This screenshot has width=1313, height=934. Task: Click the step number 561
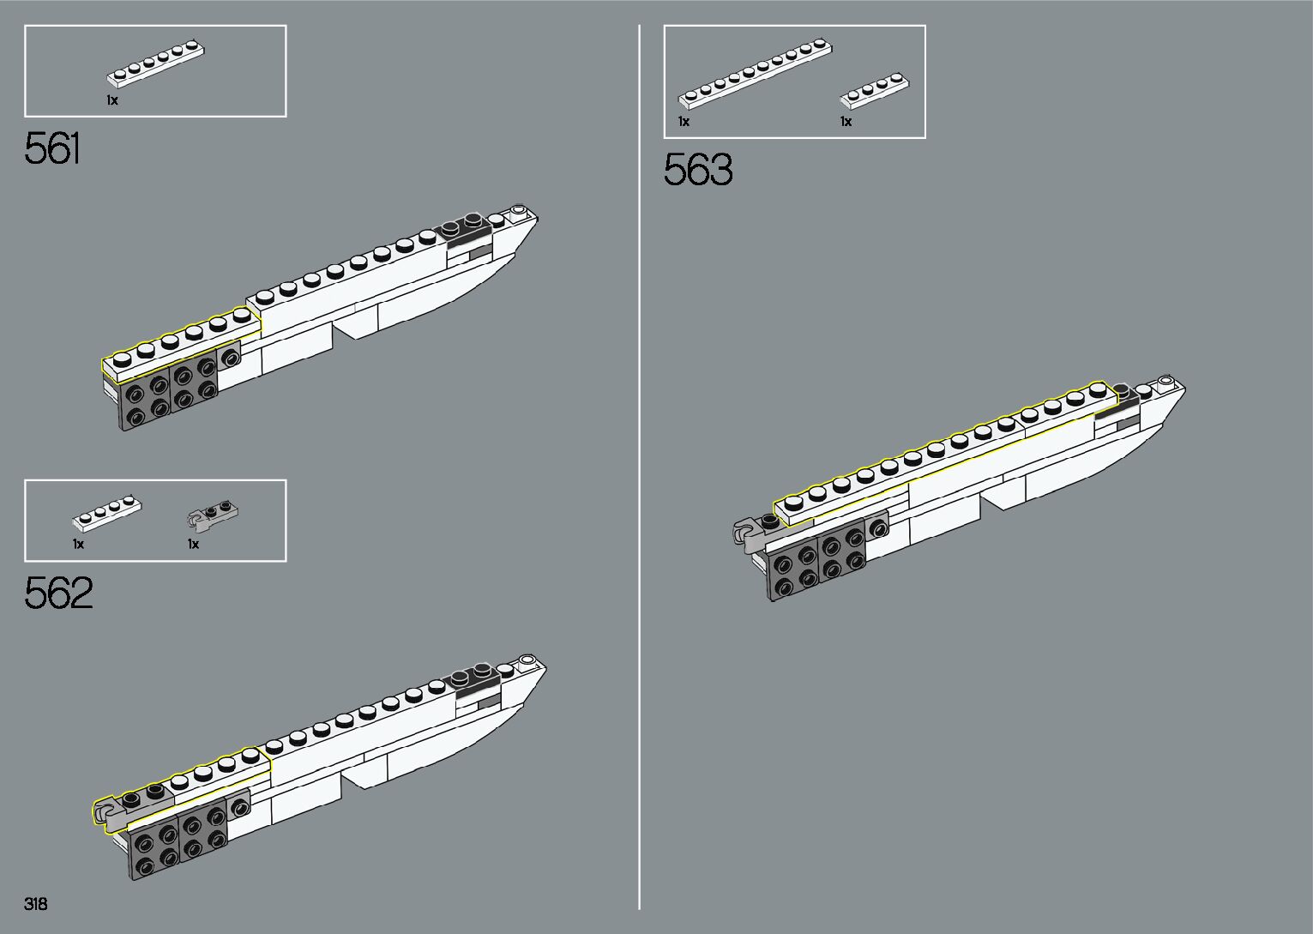click(x=53, y=149)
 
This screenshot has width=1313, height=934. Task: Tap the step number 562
click(x=58, y=593)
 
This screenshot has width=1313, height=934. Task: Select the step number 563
click(x=698, y=170)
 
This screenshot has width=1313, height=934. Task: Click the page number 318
click(x=36, y=904)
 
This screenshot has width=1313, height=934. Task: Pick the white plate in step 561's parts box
click(x=155, y=63)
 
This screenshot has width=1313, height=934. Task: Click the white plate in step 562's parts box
click(x=106, y=511)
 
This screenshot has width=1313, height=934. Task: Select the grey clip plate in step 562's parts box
click(x=212, y=513)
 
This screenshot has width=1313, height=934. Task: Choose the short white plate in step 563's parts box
click(x=874, y=90)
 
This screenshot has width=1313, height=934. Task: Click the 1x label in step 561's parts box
click(x=112, y=100)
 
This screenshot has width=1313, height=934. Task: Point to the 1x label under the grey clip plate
click(x=194, y=544)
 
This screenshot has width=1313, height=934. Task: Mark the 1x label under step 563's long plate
click(x=684, y=122)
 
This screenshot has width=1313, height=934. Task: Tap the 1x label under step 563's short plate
click(x=846, y=122)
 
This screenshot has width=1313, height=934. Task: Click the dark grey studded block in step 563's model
click(x=817, y=562)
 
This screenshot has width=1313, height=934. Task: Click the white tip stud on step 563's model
click(x=1165, y=381)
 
